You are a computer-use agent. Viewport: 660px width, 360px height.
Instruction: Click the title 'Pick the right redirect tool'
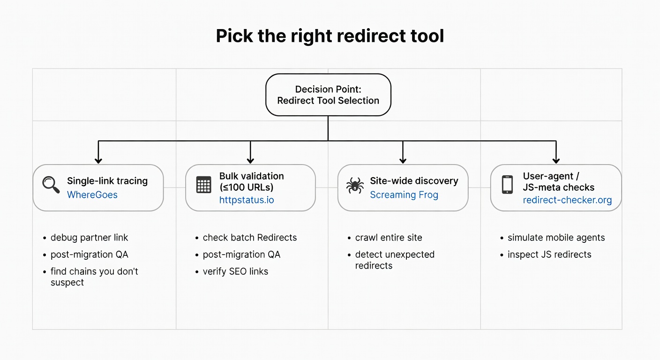point(330,36)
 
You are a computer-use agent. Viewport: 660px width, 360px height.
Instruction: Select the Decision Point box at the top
point(328,95)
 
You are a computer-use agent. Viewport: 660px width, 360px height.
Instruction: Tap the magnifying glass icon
point(51,185)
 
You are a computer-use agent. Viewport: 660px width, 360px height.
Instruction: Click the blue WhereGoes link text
point(92,195)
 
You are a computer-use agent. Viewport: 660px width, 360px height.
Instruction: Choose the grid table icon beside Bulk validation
point(203,185)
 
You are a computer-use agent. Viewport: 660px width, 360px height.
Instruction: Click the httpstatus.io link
point(247,200)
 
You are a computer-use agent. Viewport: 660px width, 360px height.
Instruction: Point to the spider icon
point(355,186)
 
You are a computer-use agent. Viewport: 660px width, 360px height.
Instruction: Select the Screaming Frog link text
point(404,195)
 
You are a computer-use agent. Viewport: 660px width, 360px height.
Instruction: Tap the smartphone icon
point(507,185)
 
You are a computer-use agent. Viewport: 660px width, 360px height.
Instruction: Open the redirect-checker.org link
point(567,200)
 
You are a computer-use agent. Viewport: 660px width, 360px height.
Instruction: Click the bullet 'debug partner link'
point(89,238)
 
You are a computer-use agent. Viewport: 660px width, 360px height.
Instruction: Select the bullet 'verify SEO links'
point(235,271)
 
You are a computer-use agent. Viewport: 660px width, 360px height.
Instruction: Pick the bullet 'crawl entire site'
point(389,238)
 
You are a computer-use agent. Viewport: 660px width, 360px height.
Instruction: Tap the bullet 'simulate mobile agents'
point(556,238)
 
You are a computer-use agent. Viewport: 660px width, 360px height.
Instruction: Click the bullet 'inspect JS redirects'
point(549,255)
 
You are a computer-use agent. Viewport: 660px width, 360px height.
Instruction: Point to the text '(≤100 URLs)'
point(246,187)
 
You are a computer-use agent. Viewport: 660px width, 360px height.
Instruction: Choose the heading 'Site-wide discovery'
point(414,181)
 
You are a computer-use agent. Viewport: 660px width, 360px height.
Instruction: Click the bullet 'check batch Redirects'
point(250,238)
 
